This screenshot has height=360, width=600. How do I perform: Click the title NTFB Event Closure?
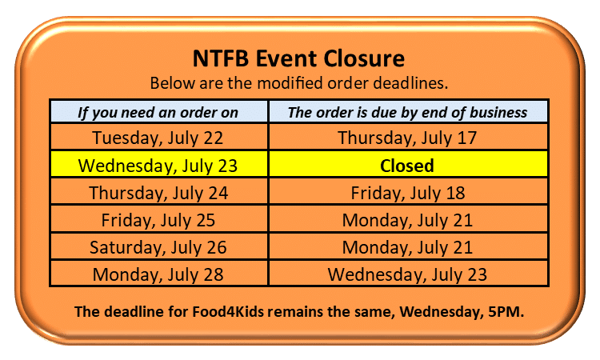point(298,58)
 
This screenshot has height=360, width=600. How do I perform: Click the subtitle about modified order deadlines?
point(299,83)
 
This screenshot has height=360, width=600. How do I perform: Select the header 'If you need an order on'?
point(158,113)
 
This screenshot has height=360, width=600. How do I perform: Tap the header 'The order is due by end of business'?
point(407,113)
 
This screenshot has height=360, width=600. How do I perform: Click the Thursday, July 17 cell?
point(407,138)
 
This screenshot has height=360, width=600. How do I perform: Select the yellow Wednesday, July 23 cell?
point(158,166)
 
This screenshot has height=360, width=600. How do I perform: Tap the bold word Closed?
point(407,166)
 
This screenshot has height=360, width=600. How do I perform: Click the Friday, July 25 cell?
point(158,220)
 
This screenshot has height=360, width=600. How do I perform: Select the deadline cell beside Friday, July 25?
point(407,220)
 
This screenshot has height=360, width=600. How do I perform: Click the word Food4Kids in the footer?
point(228,311)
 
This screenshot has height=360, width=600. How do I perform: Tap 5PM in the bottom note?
point(506,311)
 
